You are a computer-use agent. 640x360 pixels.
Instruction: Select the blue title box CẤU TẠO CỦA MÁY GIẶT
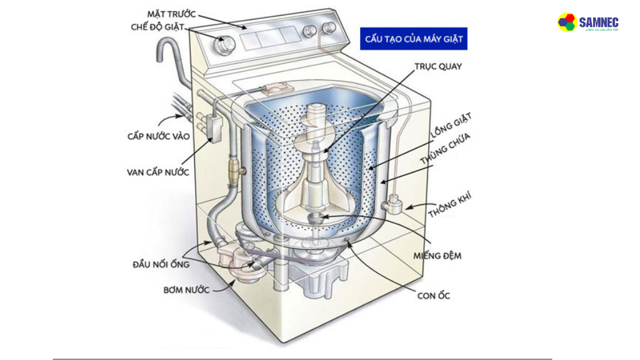click(x=414, y=39)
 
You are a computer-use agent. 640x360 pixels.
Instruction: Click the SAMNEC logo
click(x=587, y=22)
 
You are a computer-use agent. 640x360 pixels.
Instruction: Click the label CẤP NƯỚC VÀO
click(x=156, y=135)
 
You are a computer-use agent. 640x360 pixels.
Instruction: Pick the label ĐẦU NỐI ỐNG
click(x=161, y=264)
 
